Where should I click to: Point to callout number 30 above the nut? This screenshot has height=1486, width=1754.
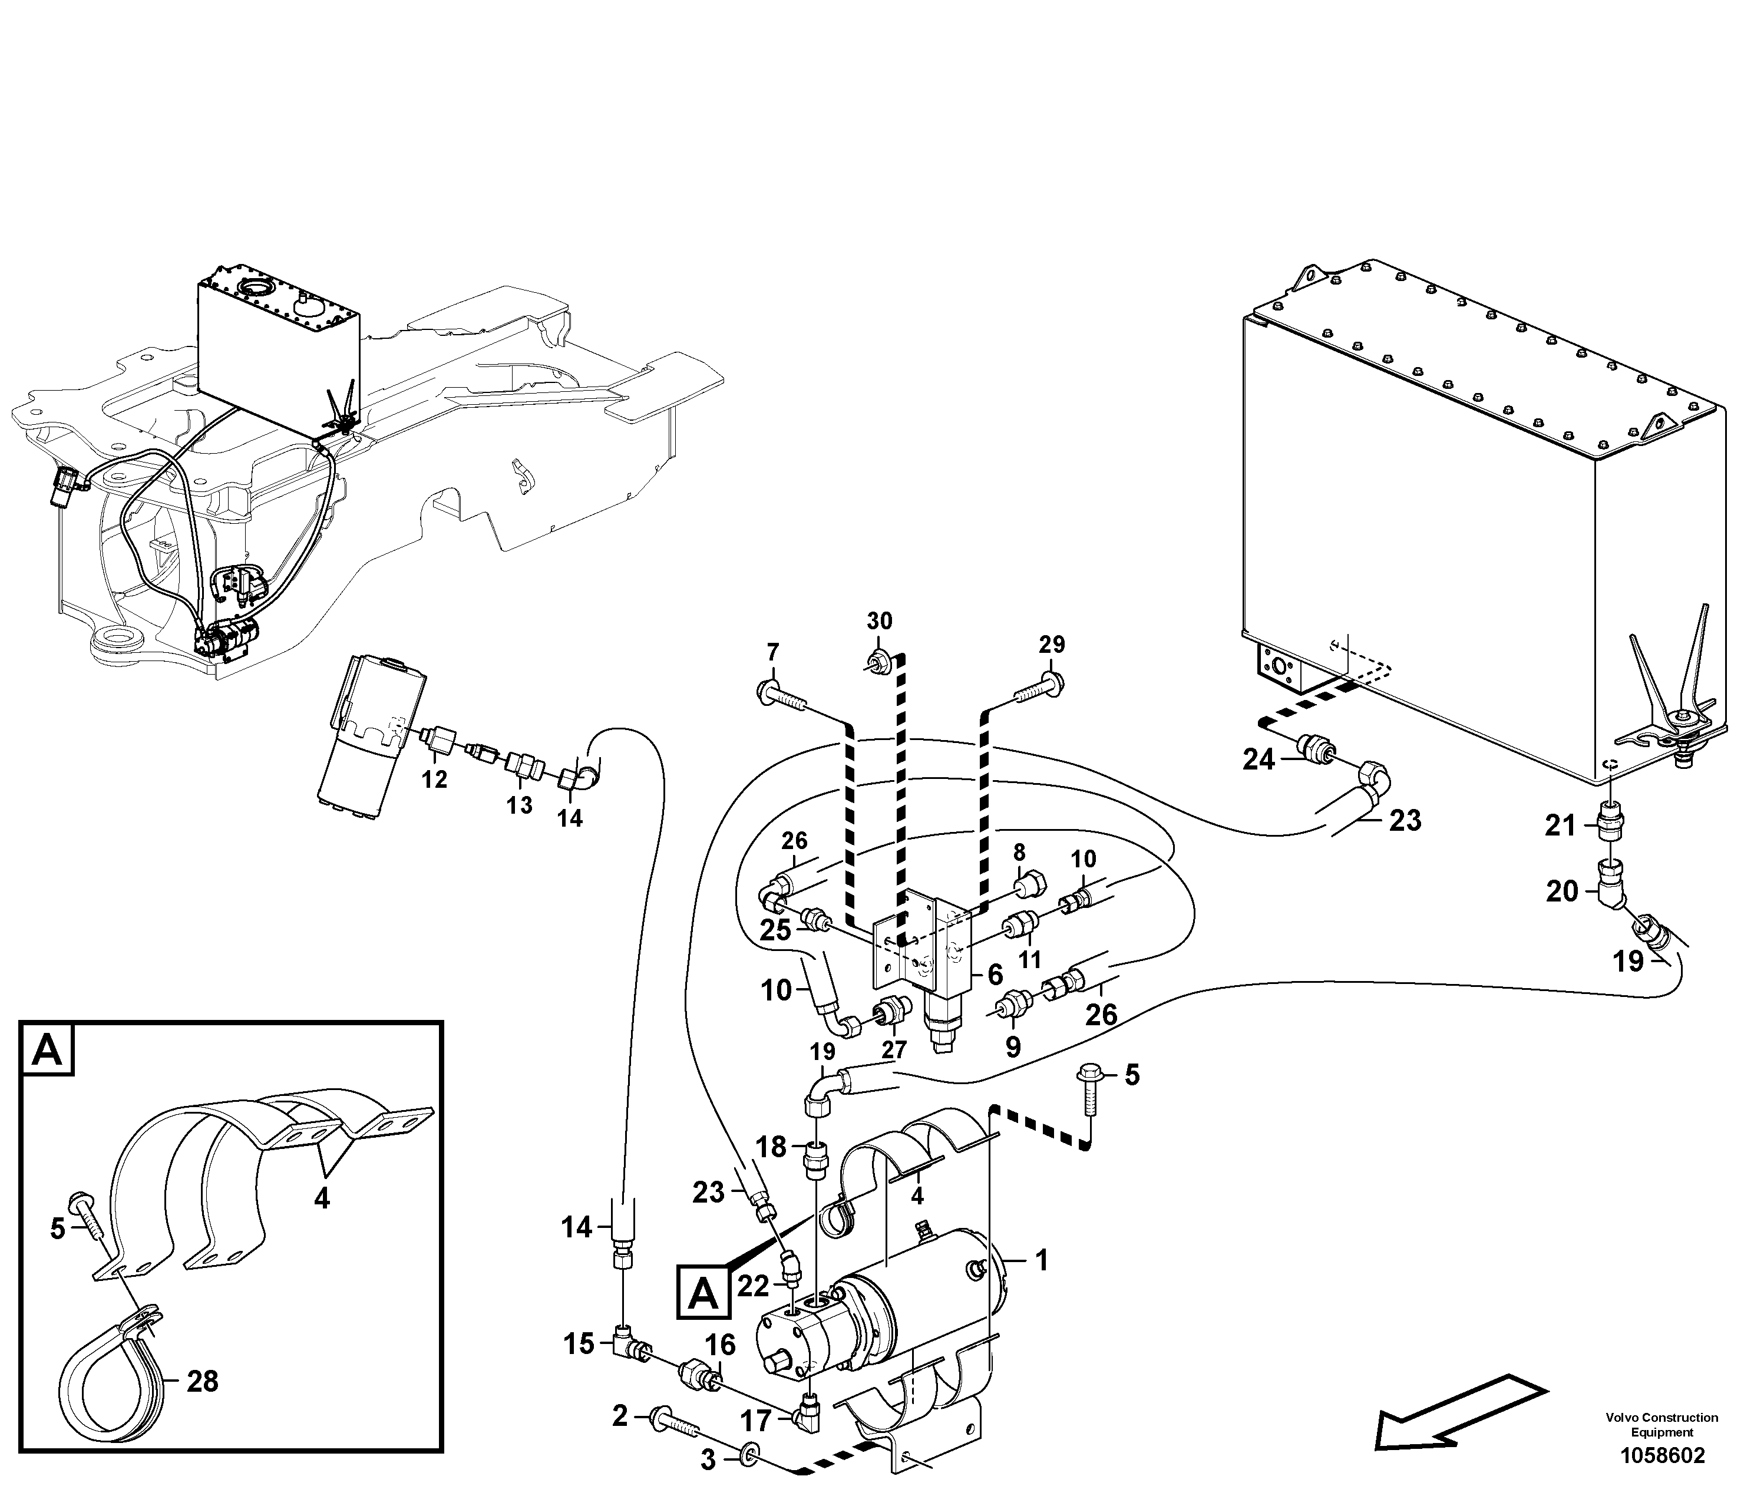880,621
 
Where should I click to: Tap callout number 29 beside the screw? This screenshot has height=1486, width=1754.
1051,645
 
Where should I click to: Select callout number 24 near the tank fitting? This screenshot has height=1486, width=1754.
1260,760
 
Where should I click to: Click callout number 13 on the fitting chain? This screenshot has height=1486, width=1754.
519,805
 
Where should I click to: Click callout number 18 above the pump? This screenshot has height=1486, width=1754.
770,1147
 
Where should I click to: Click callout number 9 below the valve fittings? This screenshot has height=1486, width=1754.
1013,1047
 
